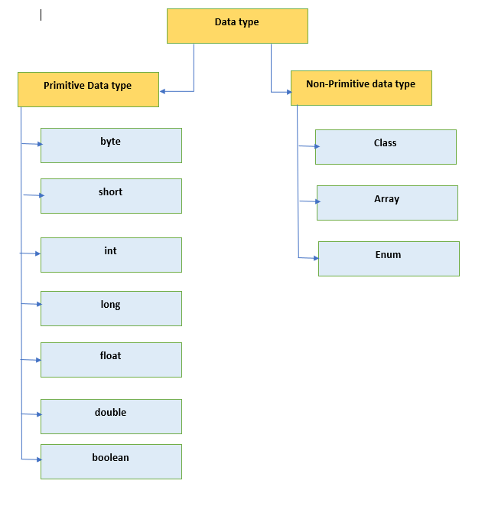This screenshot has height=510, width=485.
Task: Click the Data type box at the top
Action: tap(237, 26)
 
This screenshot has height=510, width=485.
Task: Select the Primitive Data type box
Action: tap(88, 90)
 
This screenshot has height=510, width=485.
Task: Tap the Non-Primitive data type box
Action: tap(361, 88)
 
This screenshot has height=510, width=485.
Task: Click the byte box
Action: tap(111, 145)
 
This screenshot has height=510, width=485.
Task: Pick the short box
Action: tap(111, 196)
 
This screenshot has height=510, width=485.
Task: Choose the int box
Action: tap(111, 255)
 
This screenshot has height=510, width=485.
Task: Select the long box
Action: tap(111, 309)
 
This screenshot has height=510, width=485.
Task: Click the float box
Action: tap(111, 360)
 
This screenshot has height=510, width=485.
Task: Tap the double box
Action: tap(111, 417)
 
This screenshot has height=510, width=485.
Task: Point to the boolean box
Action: tap(111, 462)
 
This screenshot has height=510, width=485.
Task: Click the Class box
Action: tap(386, 147)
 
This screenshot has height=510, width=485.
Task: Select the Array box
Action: tap(387, 203)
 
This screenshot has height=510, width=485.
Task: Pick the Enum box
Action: tap(389, 259)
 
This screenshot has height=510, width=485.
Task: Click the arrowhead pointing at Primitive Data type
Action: tap(163, 92)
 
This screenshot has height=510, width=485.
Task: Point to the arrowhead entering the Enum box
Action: tap(315, 259)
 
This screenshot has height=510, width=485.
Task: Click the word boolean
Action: tap(110, 458)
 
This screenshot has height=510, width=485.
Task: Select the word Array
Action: tap(386, 199)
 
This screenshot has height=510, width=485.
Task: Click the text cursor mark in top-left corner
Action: tap(41, 15)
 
